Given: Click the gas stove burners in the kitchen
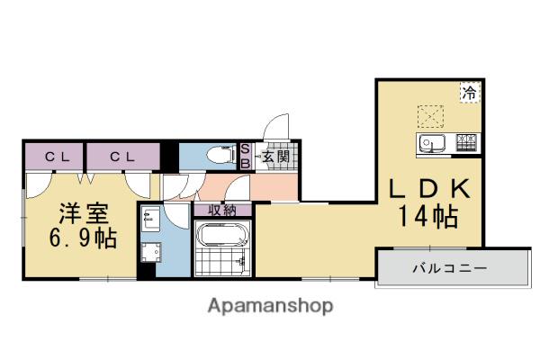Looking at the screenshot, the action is click(x=466, y=142).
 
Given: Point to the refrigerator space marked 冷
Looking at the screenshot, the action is click(x=470, y=93).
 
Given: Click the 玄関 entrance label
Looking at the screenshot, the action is click(x=275, y=157).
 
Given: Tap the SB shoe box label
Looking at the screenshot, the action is click(x=245, y=156).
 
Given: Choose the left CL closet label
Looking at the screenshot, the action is click(x=58, y=157).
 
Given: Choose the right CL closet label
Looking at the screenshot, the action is click(x=122, y=157).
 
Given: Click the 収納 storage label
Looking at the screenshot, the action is click(x=222, y=210).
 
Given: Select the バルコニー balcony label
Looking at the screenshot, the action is click(x=450, y=267).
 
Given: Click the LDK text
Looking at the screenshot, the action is click(x=430, y=188).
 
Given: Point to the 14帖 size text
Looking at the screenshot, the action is click(x=428, y=216).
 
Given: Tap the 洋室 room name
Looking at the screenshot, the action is click(x=85, y=213).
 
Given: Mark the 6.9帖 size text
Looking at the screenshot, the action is click(x=83, y=238).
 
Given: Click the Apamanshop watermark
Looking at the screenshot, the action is click(x=270, y=306).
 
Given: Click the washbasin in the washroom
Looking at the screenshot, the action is click(x=150, y=219).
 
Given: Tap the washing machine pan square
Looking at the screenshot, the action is click(x=151, y=253).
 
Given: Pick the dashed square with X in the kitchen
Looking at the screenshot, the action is click(x=430, y=116).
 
